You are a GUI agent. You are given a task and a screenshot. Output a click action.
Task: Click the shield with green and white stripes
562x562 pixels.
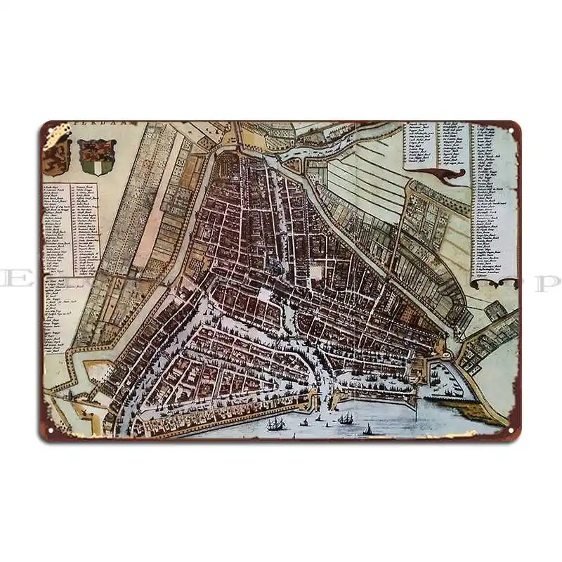[x=97, y=157]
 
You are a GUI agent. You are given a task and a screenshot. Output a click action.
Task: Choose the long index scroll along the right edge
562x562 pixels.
[x=495, y=204]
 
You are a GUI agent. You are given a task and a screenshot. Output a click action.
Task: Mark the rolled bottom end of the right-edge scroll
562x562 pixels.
[x=496, y=282]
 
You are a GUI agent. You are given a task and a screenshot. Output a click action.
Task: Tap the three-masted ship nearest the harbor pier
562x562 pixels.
[x=346, y=418]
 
